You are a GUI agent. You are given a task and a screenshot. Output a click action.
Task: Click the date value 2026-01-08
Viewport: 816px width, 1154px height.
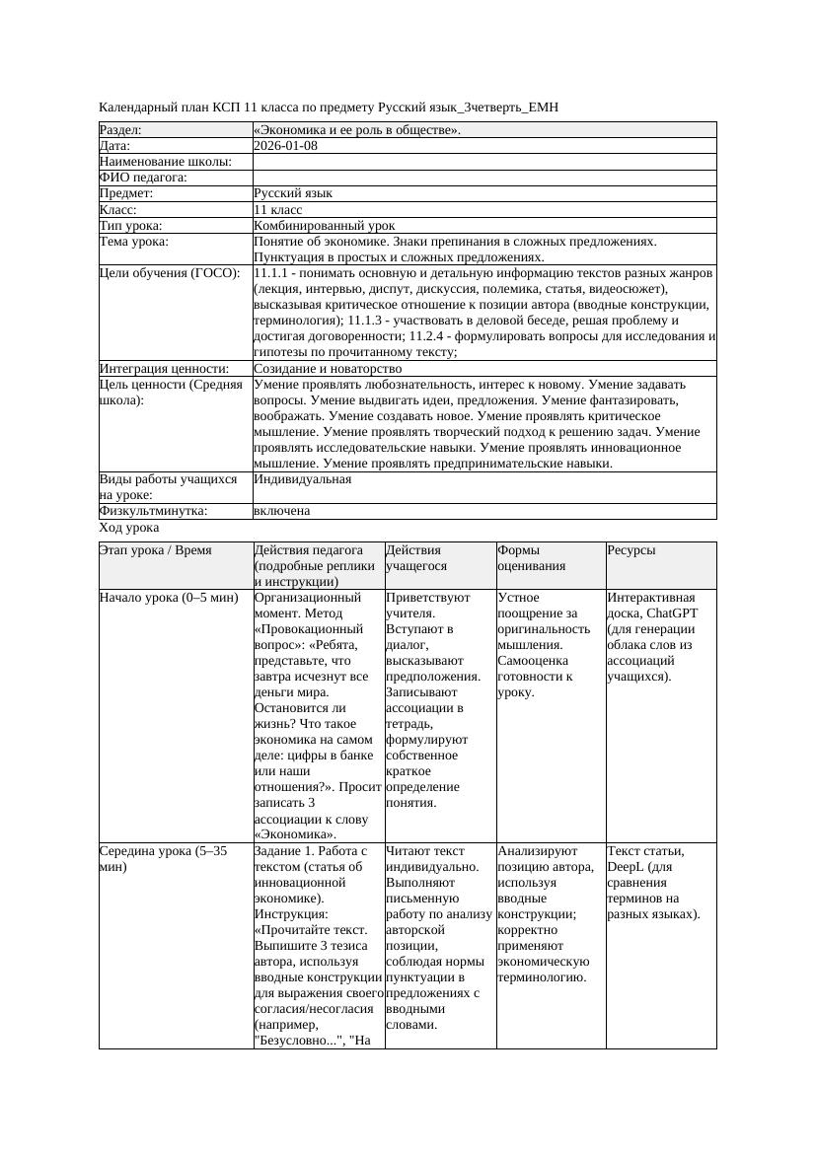tap(285, 146)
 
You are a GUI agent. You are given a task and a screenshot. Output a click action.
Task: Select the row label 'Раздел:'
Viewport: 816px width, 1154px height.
tap(120, 130)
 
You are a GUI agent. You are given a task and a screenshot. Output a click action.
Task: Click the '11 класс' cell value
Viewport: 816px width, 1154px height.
tap(277, 210)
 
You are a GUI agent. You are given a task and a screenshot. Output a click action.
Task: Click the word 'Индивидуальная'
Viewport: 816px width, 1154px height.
tap(302, 479)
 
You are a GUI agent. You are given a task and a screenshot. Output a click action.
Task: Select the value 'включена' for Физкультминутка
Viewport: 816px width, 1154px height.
tap(281, 511)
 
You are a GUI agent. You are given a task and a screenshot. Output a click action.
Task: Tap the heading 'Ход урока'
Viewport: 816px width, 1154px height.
tap(129, 528)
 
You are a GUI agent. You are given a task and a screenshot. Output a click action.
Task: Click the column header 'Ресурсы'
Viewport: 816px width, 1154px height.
tap(631, 550)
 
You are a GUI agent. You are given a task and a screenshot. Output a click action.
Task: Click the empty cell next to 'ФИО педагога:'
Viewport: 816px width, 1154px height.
tap(483, 179)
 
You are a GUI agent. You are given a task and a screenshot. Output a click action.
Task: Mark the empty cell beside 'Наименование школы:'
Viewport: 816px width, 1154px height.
tap(483, 162)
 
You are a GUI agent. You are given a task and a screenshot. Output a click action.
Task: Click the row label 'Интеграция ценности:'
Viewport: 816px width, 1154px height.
tap(164, 369)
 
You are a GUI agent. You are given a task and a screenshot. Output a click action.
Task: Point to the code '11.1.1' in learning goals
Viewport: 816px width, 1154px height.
tap(272, 273)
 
